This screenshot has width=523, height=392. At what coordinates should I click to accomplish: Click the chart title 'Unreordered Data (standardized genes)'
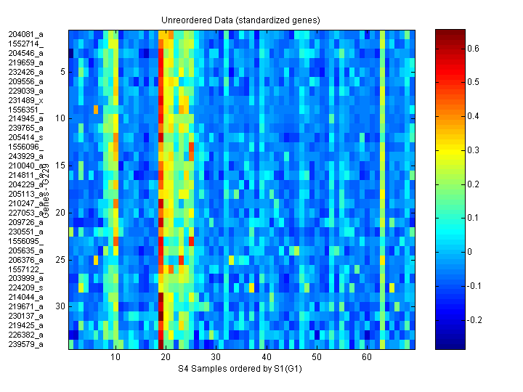point(240,20)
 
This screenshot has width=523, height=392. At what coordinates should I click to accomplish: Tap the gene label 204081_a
point(26,34)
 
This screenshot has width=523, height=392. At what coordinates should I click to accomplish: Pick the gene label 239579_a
point(26,344)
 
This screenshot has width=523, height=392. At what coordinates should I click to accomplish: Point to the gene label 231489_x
point(26,100)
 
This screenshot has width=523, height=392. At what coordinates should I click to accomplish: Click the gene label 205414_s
point(26,137)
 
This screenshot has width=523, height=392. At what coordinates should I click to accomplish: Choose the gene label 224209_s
point(26,287)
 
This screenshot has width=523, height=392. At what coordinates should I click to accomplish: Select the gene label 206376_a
point(26,259)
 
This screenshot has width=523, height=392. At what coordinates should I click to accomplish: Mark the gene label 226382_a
point(26,335)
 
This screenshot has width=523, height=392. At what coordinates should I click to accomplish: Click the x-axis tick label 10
point(116,358)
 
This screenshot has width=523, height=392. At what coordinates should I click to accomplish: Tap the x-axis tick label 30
point(216,358)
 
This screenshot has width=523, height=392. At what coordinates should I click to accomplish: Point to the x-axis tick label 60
point(367,358)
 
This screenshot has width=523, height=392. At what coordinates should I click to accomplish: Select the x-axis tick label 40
point(267,358)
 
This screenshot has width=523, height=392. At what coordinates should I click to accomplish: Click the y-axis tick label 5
point(63,71)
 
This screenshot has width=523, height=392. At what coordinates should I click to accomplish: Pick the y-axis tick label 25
point(61,259)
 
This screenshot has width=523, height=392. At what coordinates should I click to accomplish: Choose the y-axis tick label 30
point(61,306)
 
